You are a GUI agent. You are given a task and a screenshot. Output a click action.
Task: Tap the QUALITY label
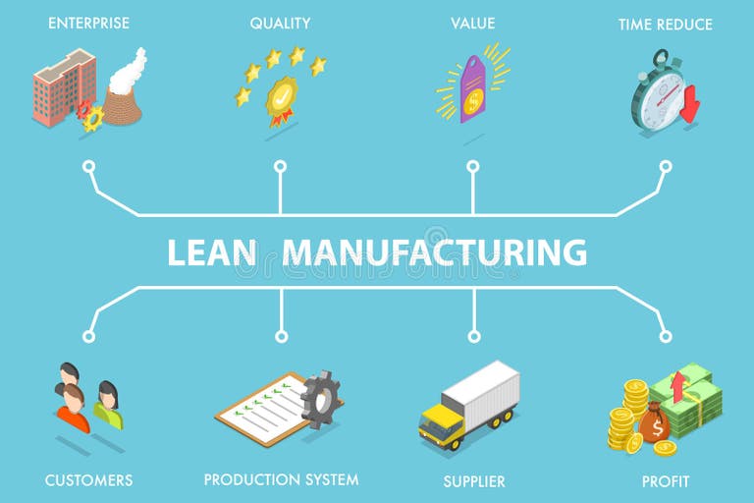tap(280, 23)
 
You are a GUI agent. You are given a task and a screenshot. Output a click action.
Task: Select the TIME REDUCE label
tap(666, 24)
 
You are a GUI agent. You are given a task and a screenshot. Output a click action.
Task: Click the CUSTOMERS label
tap(88, 480)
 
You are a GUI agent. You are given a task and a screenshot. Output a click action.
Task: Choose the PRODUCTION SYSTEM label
tap(281, 479)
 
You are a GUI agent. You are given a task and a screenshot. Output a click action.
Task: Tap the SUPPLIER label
tap(474, 481)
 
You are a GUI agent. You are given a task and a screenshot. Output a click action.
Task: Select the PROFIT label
tap(666, 481)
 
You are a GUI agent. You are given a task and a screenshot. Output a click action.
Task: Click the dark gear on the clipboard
tap(318, 398)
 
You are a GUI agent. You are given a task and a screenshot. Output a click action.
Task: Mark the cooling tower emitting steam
tap(123, 98)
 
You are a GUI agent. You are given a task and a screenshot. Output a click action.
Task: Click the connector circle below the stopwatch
tap(665, 167)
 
